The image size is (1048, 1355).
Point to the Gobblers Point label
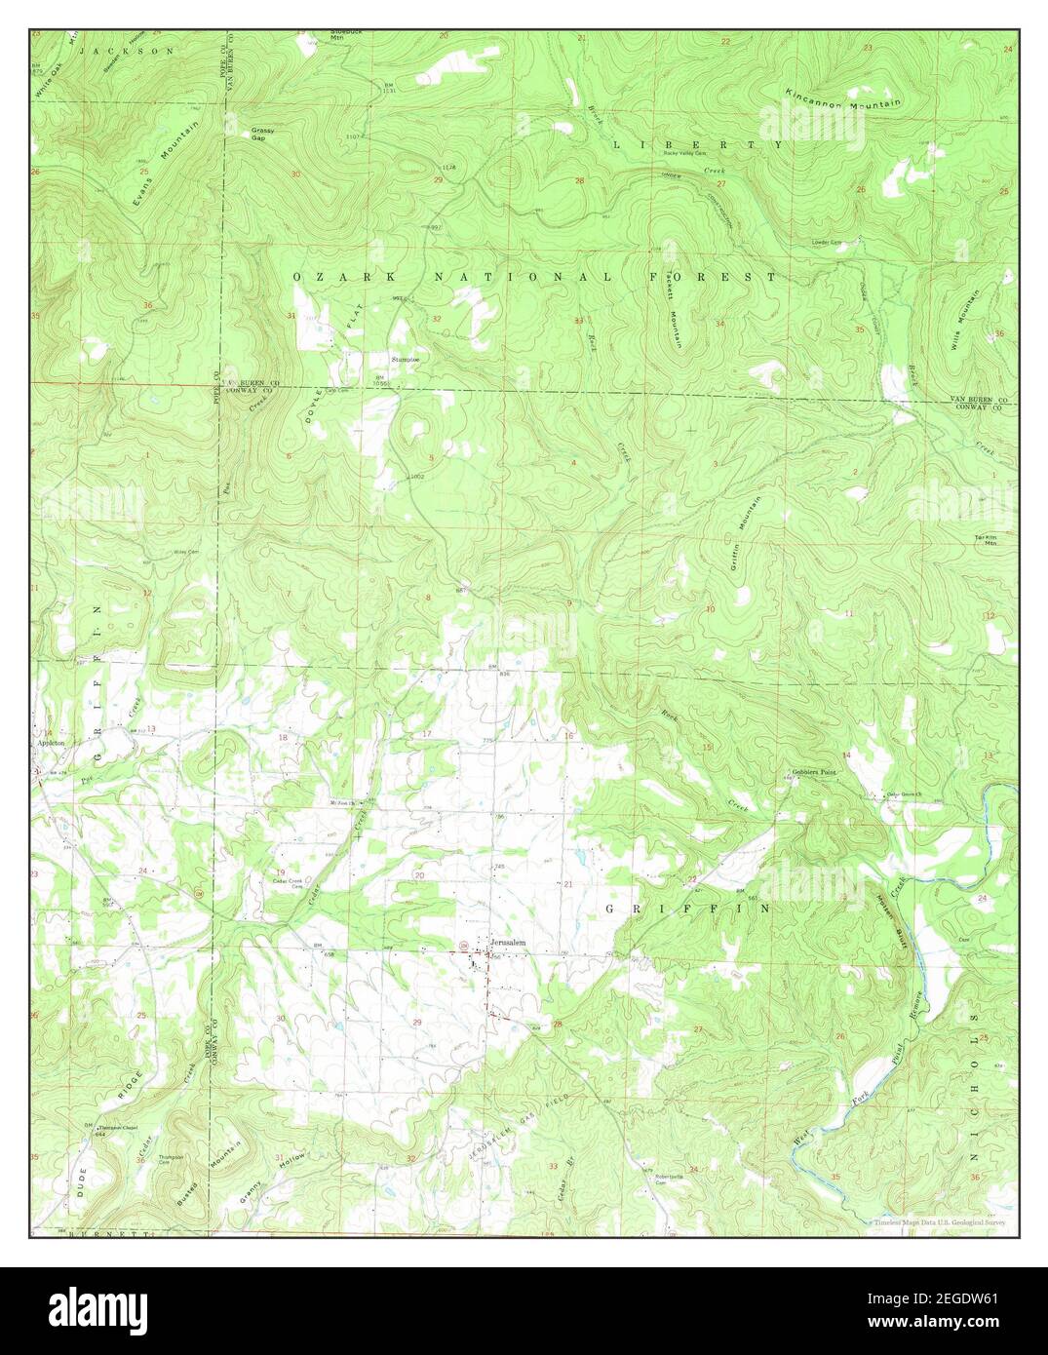click(814, 771)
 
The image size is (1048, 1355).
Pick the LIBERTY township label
click(697, 144)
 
